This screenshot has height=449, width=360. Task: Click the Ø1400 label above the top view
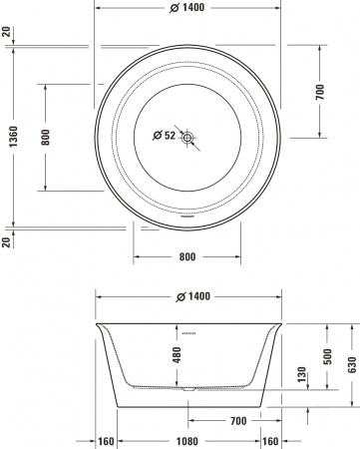(188, 7)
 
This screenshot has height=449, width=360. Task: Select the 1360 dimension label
(9, 135)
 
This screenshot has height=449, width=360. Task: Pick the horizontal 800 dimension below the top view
(187, 256)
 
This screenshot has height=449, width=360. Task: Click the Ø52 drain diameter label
(163, 135)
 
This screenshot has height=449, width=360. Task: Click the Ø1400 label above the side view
(188, 296)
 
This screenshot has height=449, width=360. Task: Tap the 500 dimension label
(327, 356)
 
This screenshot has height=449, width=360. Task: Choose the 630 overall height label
(352, 365)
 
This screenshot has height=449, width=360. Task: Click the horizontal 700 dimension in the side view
(237, 421)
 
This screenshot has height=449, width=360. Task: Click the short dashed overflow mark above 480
(187, 326)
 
